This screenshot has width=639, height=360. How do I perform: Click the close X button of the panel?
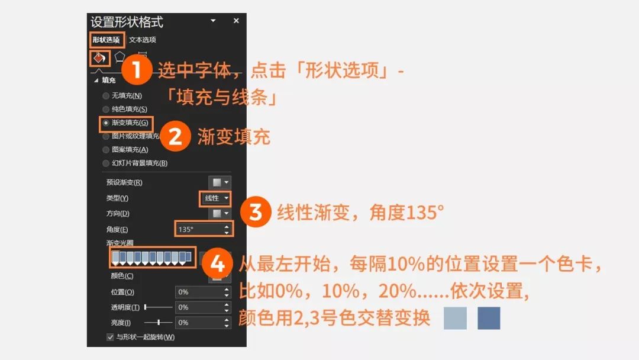[236, 20]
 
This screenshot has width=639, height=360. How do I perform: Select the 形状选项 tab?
[106, 40]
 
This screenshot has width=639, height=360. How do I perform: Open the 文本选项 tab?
[142, 40]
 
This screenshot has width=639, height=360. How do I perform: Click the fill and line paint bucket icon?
[99, 58]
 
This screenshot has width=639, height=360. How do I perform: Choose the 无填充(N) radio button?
[106, 96]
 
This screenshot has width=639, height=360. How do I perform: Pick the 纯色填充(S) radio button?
[106, 110]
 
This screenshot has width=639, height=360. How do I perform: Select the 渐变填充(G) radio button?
[106, 123]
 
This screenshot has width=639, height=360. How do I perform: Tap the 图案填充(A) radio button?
[106, 150]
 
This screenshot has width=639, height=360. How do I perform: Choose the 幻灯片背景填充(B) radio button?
[106, 163]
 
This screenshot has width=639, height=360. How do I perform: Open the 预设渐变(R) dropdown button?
[220, 182]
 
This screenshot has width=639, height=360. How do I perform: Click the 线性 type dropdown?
[215, 198]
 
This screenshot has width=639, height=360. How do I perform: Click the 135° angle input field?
[204, 229]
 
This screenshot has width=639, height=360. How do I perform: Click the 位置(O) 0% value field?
[203, 292]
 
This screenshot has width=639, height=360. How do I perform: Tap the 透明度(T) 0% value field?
[203, 307]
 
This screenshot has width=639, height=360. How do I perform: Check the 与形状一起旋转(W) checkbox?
[110, 337]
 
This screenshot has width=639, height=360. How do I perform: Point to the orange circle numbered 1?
[137, 69]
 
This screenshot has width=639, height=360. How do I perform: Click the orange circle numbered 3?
[256, 211]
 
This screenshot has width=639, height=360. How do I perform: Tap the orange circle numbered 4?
[217, 263]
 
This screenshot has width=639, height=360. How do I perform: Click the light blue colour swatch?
[455, 317]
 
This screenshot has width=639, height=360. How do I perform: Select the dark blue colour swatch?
[489, 317]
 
